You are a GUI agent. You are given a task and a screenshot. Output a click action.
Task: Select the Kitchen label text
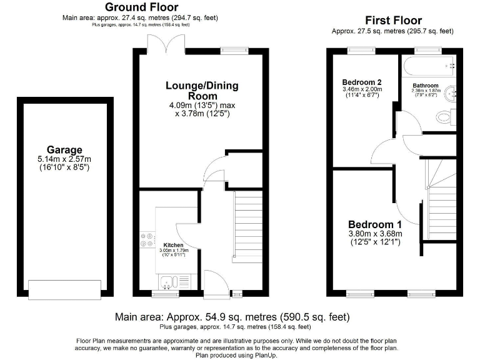coord(173,245)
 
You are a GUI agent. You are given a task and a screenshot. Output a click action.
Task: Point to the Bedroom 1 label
coord(376,224)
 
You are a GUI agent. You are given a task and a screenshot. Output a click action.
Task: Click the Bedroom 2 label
coord(362,82)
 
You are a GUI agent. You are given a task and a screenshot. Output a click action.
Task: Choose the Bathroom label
coord(425,86)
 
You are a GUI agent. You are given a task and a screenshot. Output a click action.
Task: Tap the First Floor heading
coord(393,21)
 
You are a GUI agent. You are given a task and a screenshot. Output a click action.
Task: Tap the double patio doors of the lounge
coord(166,45)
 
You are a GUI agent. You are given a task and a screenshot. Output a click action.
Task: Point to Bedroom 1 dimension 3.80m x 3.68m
coord(376,234)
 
